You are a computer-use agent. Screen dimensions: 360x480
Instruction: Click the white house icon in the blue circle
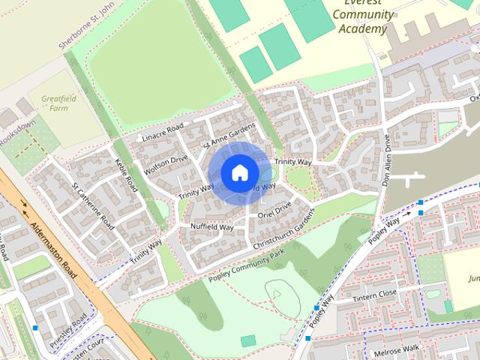(x=239, y=173)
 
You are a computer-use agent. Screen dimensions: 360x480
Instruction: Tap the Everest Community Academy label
(x=362, y=16)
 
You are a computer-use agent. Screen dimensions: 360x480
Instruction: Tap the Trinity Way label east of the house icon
(x=292, y=161)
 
